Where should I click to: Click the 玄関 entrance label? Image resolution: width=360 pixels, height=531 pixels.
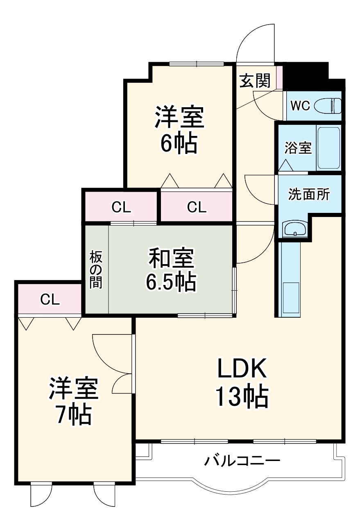(255, 81)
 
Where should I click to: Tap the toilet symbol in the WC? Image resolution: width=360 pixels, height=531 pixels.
(328, 106)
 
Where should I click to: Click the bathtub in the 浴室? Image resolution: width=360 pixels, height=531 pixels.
(329, 148)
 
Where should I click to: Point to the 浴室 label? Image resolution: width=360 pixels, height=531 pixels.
(298, 148)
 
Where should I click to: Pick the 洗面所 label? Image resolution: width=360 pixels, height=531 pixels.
(309, 194)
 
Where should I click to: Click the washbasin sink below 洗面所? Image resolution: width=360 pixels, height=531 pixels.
(295, 229)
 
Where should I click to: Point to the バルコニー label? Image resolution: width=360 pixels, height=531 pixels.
(242, 461)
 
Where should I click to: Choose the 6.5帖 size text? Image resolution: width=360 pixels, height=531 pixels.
(171, 282)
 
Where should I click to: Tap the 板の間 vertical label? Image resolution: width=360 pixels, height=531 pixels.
(96, 270)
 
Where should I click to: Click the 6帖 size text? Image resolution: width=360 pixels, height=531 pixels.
(179, 143)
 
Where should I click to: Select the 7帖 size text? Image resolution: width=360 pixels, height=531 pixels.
(73, 414)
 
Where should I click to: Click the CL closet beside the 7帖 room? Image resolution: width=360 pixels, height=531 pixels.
(50, 300)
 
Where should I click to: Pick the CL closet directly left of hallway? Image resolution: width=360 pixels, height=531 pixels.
(197, 207)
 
